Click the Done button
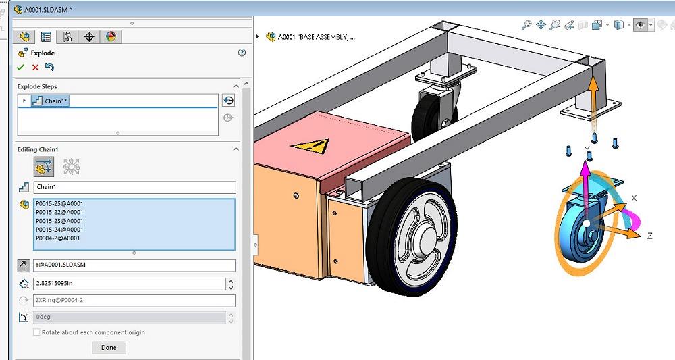click(x=109, y=348)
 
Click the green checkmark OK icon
click(x=21, y=68)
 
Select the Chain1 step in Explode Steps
click(x=57, y=101)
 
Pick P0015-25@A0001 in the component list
click(x=59, y=203)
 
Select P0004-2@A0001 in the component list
click(x=58, y=238)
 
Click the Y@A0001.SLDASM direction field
click(x=134, y=265)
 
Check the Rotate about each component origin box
click(x=37, y=332)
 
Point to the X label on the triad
click(x=634, y=198)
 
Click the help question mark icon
click(x=242, y=53)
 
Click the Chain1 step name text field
click(x=134, y=188)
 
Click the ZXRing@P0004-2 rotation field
click(x=134, y=301)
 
